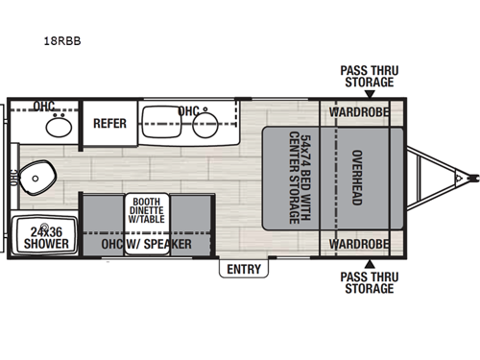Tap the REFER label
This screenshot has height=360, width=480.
point(109,123)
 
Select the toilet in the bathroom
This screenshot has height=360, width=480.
point(40,176)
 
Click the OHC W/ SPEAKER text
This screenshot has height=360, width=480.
point(146,245)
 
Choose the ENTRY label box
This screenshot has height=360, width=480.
point(243,270)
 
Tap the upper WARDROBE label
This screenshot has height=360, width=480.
point(358,111)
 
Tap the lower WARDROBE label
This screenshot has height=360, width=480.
point(358,244)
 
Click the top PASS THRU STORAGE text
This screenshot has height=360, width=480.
point(368,75)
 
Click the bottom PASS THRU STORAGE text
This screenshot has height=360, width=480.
point(368,281)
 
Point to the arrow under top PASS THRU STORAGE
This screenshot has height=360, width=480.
point(368,92)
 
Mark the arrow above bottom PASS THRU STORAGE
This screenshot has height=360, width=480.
point(368,263)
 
